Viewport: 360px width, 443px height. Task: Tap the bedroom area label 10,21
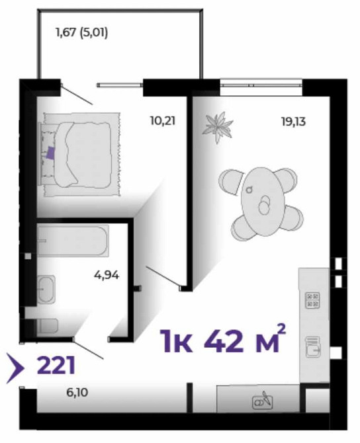[163, 121]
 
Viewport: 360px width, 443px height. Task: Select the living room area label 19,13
[293, 122]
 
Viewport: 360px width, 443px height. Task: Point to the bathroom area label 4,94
[107, 275]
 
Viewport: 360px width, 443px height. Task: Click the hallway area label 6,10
[77, 393]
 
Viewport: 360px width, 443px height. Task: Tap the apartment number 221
[56, 365]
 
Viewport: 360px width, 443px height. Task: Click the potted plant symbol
[218, 126]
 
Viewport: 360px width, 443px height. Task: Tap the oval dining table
[263, 202]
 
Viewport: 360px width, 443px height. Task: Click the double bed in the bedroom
[81, 154]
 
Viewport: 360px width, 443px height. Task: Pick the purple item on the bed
[50, 153]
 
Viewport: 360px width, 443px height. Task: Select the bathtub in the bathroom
[73, 241]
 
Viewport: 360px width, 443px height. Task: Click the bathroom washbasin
[46, 289]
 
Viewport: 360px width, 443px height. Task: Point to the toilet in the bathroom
[48, 327]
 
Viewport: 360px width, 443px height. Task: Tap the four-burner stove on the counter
[312, 300]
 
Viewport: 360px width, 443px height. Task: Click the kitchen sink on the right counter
[313, 346]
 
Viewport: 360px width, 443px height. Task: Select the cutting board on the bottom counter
[262, 401]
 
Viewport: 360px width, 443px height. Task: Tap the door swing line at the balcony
[77, 95]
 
